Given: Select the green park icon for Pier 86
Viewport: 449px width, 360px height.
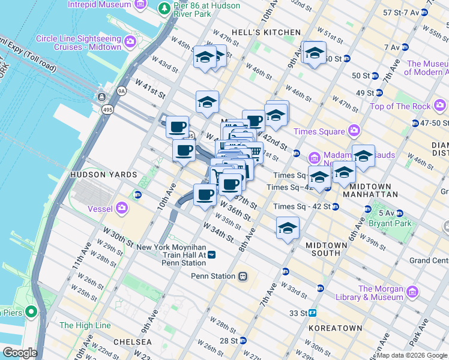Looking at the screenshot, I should [164, 9].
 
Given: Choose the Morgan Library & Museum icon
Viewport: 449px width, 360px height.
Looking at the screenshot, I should [412, 292].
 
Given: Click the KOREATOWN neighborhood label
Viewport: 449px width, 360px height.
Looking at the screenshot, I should [335, 328].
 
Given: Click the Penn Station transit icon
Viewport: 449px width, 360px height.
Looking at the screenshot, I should [243, 276].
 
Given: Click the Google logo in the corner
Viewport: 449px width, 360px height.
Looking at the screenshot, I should [19, 353].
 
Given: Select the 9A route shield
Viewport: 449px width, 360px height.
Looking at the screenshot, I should [122, 91].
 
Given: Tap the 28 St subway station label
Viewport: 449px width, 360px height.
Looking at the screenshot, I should [229, 340].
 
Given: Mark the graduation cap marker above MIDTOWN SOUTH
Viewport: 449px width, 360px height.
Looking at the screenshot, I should [288, 229].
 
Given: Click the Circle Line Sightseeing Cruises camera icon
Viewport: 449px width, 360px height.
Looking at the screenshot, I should [131, 43].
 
